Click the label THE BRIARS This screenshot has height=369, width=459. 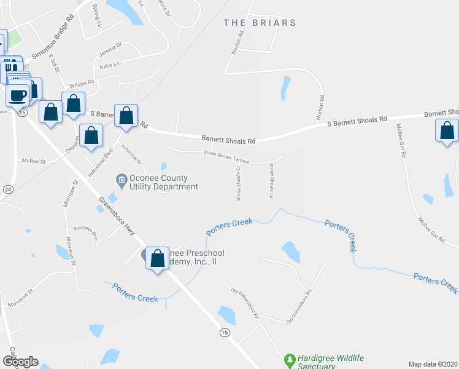(260, 23)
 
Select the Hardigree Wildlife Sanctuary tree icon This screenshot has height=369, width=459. (290, 358)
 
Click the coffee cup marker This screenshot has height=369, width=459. (18, 95)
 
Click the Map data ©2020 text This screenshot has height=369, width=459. (433, 364)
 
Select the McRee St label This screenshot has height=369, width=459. (34, 161)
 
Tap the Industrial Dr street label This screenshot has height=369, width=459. (131, 154)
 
